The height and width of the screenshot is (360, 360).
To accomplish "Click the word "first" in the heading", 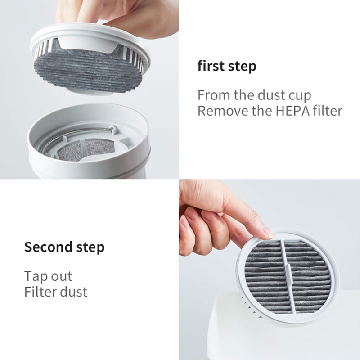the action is point(211,66).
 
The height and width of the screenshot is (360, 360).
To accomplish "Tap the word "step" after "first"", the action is point(242,67).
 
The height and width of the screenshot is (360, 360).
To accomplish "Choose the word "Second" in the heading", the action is point(49,247).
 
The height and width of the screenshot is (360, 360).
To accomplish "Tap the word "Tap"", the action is point(36,276).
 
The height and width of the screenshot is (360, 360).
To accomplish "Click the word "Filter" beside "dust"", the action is point(39,292).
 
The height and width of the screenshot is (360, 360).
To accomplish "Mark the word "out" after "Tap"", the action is point(62,276).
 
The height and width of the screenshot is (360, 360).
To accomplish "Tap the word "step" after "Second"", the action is point(90,248).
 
